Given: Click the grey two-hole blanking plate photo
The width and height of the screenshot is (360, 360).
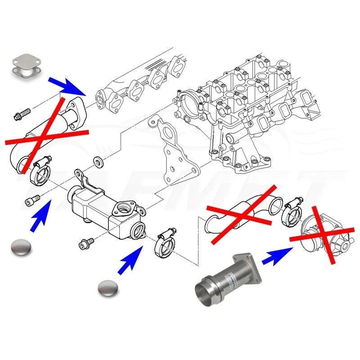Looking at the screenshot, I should coord(23,66).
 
